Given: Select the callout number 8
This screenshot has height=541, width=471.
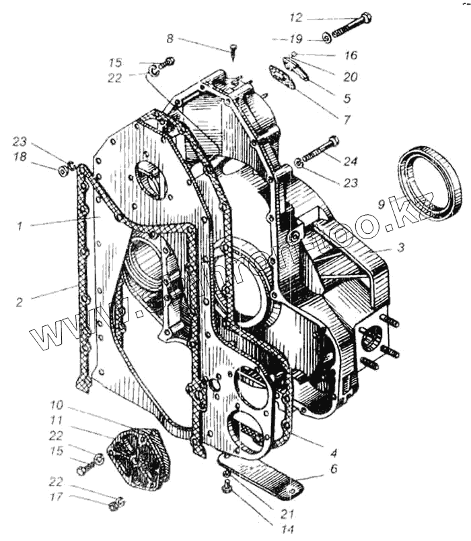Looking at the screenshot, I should pos(170,38).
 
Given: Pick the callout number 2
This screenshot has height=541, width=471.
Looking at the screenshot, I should pos(20,303).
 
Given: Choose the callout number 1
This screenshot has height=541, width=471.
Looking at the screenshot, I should pos(20,226).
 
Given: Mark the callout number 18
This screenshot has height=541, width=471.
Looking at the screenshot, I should pos(21,156).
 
